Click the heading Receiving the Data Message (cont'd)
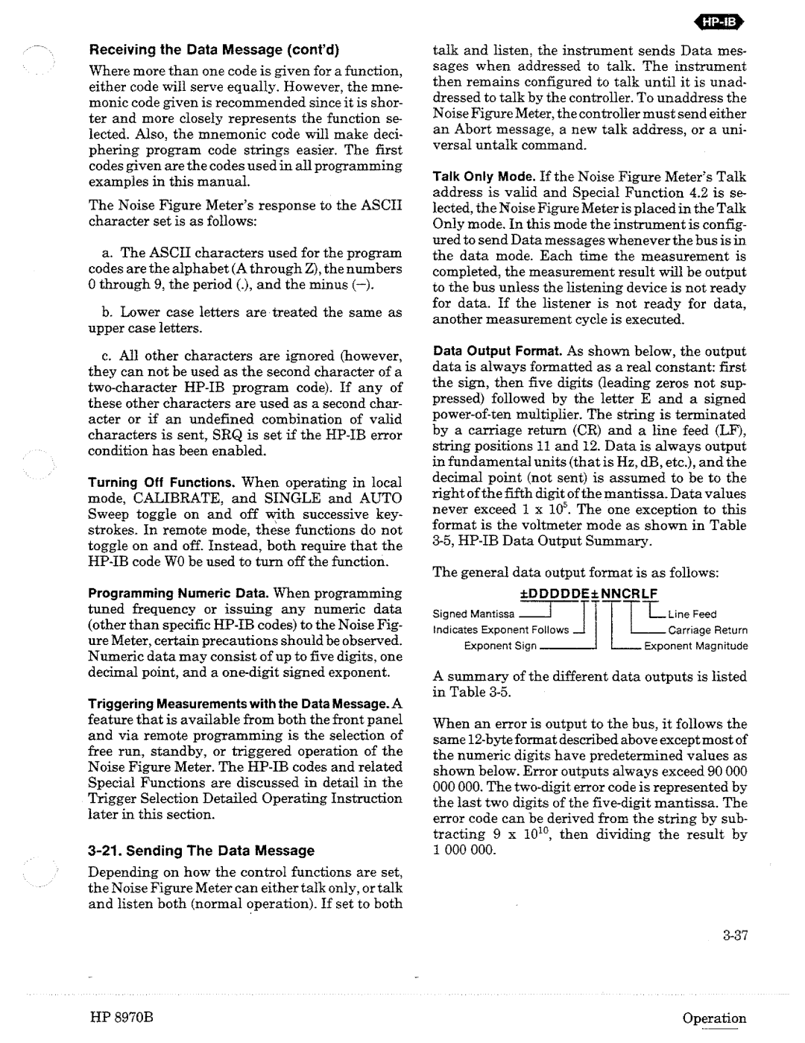pos(215,52)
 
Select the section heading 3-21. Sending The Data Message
pos(201,851)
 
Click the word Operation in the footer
pos(717,1018)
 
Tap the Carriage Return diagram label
pos(707,630)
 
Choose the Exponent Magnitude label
pos(695,646)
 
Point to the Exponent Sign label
pos(500,646)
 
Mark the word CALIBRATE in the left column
pos(179,499)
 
